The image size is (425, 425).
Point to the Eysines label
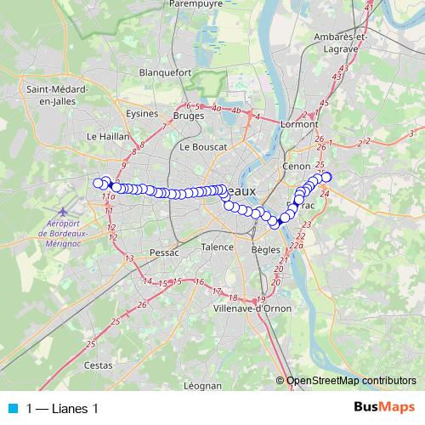click(142, 113)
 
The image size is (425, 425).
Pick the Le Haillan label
click(107, 135)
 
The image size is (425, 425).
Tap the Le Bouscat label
click(203, 147)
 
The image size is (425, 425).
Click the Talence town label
click(217, 246)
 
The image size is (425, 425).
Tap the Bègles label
click(266, 250)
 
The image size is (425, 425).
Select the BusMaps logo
click(383, 408)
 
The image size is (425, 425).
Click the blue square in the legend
click(13, 409)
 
